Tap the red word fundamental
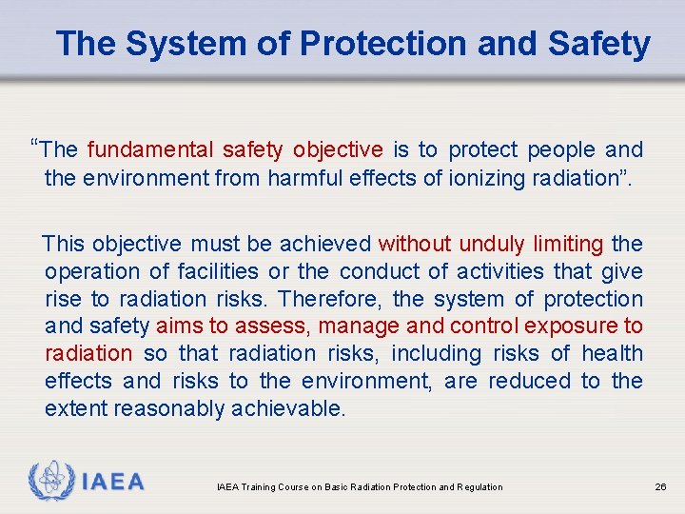[x=150, y=149]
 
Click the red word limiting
[x=568, y=245]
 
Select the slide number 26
[x=660, y=487]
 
